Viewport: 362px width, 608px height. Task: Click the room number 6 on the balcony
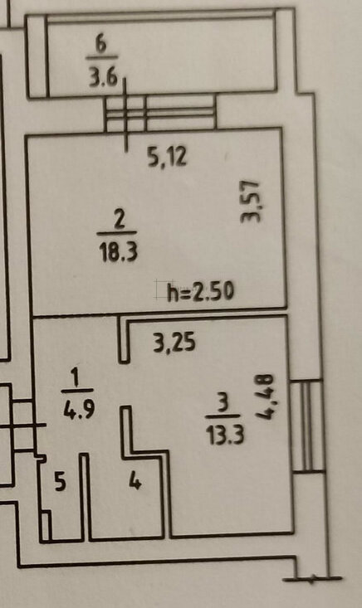101,45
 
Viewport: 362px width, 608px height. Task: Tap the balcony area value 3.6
103,76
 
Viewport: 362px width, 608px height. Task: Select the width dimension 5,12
167,157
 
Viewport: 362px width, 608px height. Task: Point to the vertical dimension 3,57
250,202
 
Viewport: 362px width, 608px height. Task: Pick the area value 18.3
119,250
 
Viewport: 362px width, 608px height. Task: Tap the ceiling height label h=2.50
201,291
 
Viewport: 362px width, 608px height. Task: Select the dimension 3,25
174,343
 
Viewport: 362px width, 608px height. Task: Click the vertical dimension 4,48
266,396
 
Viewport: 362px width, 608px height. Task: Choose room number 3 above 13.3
223,404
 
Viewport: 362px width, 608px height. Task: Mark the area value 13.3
225,434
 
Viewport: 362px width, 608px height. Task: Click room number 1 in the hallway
76,377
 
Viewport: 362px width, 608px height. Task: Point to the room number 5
60,482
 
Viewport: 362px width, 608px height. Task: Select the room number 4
135,482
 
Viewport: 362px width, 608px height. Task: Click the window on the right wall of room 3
307,426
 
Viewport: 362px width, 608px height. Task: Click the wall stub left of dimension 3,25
124,339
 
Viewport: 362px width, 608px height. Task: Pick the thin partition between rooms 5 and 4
85,497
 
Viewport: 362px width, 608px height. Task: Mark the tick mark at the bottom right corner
312,579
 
